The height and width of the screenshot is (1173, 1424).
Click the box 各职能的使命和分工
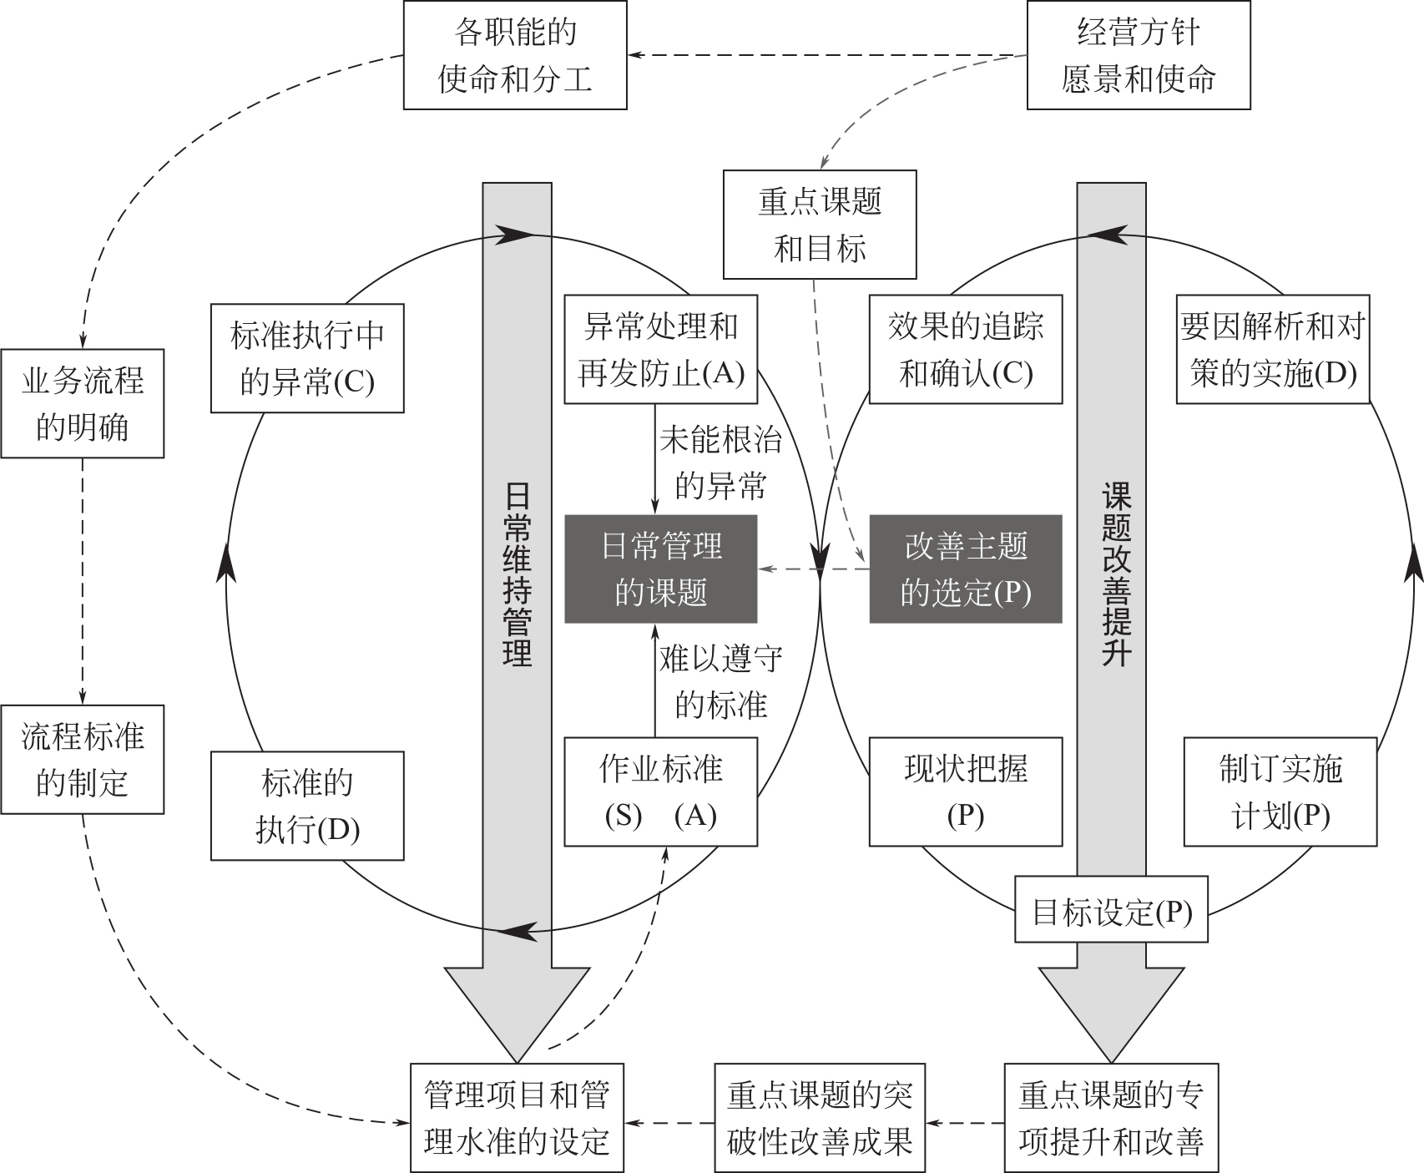click(515, 56)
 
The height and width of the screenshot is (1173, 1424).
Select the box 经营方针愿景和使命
click(1138, 56)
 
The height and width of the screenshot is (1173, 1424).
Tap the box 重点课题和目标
click(819, 225)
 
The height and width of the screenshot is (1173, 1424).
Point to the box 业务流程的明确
click(82, 404)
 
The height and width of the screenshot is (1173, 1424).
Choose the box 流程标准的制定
click(82, 760)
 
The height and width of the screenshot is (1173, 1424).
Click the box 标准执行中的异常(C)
click(307, 358)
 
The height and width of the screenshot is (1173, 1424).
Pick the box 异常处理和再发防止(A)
click(661, 350)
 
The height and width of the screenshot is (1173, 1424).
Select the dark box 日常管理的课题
click(661, 569)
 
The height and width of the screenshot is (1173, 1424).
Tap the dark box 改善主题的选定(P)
click(966, 569)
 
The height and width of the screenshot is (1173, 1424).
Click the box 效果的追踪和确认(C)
click(966, 350)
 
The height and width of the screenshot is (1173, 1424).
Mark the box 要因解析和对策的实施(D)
click(1273, 350)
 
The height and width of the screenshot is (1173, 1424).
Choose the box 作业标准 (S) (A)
click(661, 791)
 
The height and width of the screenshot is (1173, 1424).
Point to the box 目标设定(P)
click(1112, 909)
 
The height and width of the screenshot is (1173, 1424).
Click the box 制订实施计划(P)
click(1280, 791)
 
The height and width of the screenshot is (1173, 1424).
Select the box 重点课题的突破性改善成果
click(820, 1118)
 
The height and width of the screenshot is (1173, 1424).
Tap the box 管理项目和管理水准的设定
click(517, 1118)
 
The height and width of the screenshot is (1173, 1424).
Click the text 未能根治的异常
click(720, 463)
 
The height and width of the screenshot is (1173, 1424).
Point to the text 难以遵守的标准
click(720, 682)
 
